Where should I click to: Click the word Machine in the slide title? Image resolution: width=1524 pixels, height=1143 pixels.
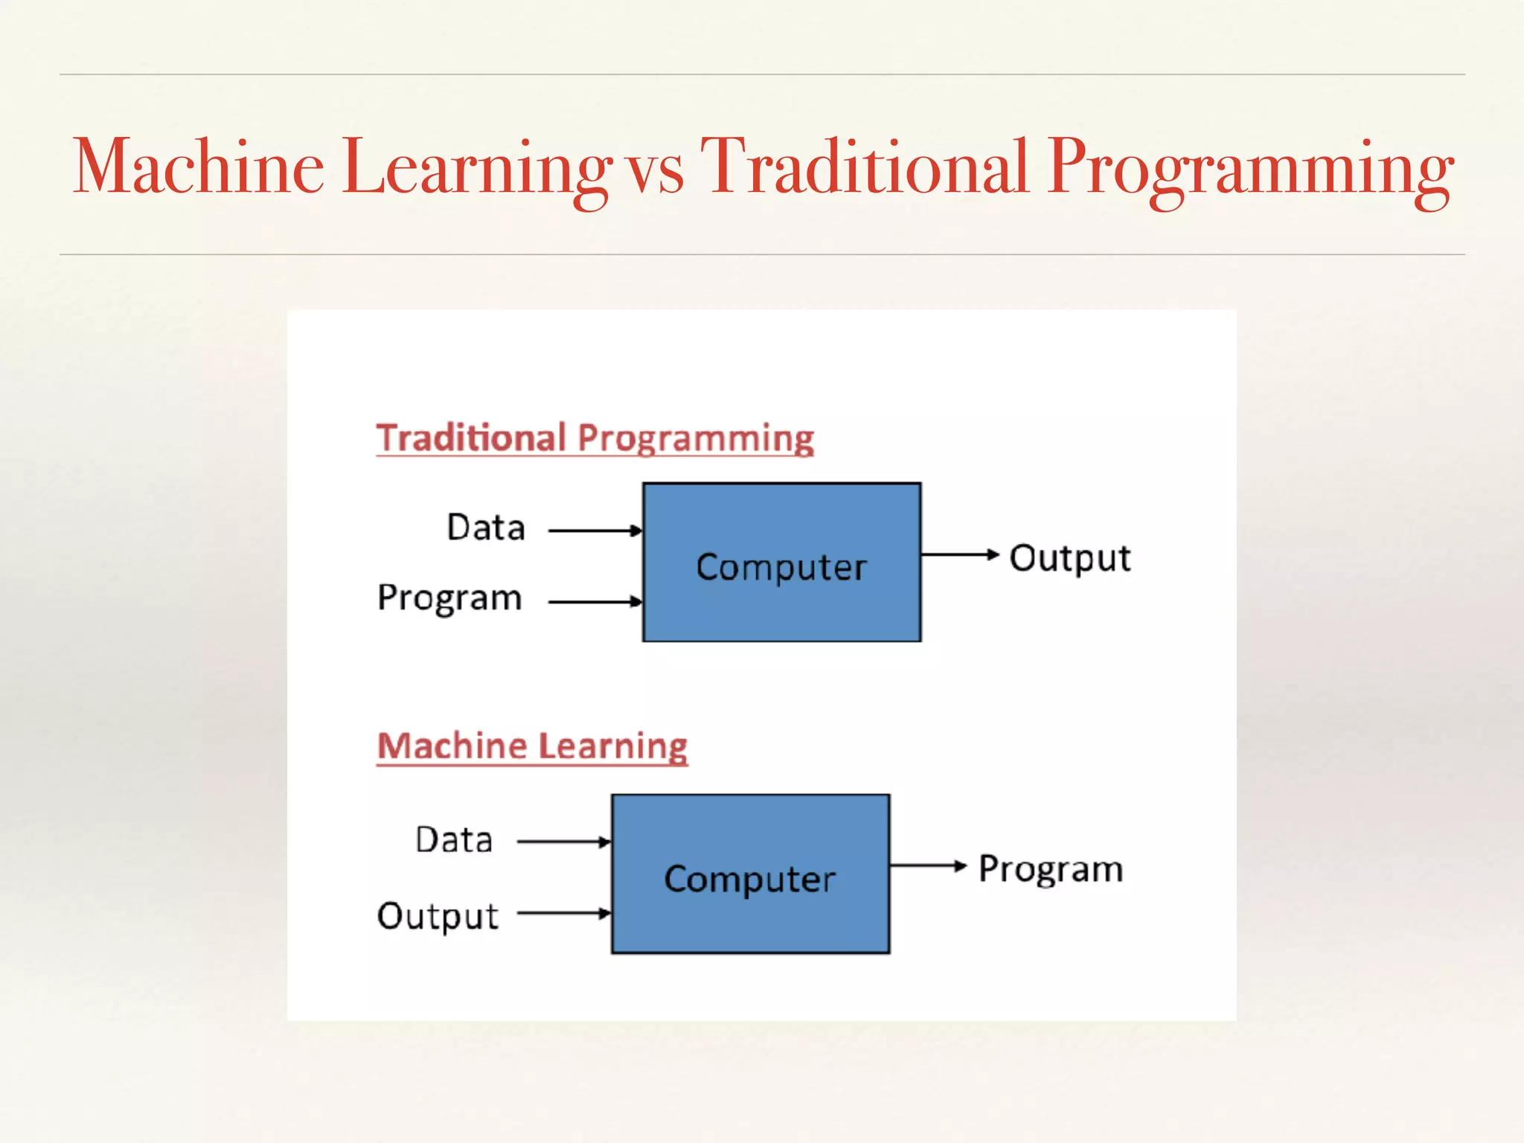pos(199,167)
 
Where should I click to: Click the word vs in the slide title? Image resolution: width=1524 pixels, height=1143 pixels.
pos(655,173)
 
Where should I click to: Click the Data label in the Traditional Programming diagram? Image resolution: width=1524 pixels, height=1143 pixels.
pos(486,528)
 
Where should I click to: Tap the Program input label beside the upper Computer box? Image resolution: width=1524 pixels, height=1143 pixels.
pos(449,598)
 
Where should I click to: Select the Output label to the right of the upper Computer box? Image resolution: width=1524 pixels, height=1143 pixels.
pos(1069,559)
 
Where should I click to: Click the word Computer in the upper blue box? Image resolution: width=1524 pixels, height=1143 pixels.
pos(781,567)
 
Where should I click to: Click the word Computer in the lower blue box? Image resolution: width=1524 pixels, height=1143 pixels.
pos(750,879)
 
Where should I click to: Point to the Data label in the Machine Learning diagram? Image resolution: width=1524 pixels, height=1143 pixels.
pos(454,840)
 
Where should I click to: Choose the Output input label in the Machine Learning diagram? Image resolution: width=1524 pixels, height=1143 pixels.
pos(438,916)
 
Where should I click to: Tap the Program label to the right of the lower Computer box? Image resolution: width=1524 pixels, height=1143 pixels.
pos(1050,869)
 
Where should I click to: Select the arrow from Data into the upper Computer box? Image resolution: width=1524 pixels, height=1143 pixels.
pos(595,531)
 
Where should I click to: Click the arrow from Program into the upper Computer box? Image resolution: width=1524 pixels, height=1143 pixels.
pos(595,601)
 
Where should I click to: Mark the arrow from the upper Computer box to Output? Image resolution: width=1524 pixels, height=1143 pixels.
pos(959,554)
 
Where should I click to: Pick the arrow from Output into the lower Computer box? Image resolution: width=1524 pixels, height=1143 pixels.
pos(563,913)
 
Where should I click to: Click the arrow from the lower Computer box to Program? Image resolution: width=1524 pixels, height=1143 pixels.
pos(927,865)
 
